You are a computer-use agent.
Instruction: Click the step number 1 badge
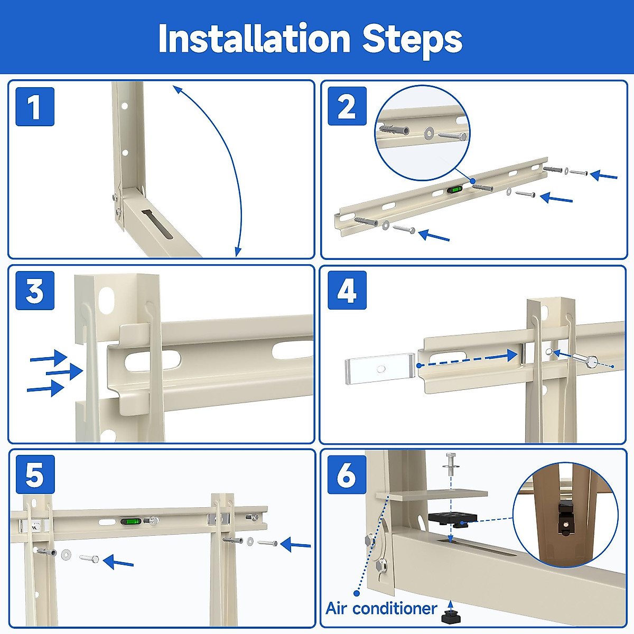click(35, 107)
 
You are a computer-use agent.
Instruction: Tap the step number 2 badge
click(347, 106)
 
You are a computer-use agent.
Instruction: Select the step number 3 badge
click(35, 290)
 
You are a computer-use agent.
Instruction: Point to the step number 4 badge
click(347, 290)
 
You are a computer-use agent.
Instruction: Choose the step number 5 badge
click(35, 474)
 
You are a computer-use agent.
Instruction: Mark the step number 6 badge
click(347, 474)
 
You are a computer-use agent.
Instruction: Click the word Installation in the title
click(254, 39)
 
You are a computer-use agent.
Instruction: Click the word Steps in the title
click(412, 41)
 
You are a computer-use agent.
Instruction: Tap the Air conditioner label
click(381, 608)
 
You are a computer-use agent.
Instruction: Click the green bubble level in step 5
click(130, 521)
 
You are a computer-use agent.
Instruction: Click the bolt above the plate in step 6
click(450, 464)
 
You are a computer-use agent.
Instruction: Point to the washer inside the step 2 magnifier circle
click(428, 133)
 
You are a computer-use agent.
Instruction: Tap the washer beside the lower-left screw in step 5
click(66, 554)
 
